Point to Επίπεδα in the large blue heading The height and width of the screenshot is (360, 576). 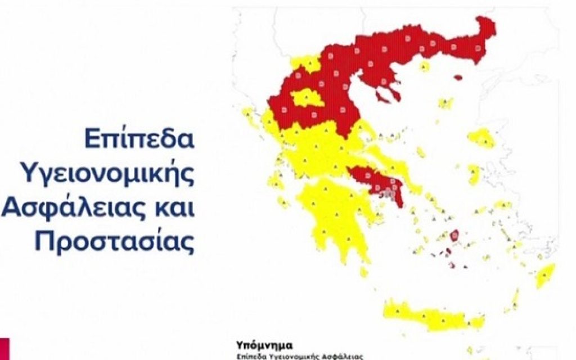[139, 139]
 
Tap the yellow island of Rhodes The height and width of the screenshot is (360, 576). [544, 276]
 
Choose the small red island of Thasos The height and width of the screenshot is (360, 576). [458, 78]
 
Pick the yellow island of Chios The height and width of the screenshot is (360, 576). [475, 174]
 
